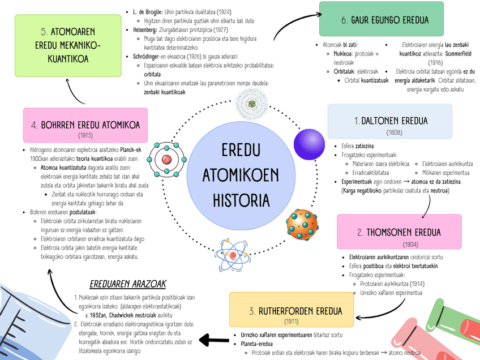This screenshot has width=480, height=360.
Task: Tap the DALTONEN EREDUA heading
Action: coord(391,121)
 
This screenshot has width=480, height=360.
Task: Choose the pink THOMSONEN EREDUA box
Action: coord(406,232)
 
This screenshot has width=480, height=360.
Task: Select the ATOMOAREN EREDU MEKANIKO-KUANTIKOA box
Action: coord(67,45)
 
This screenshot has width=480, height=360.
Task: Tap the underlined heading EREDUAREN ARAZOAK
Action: coord(128,284)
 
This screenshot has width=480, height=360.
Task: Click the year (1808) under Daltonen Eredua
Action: coord(394,132)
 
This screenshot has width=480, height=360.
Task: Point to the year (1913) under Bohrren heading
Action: coord(86,136)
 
